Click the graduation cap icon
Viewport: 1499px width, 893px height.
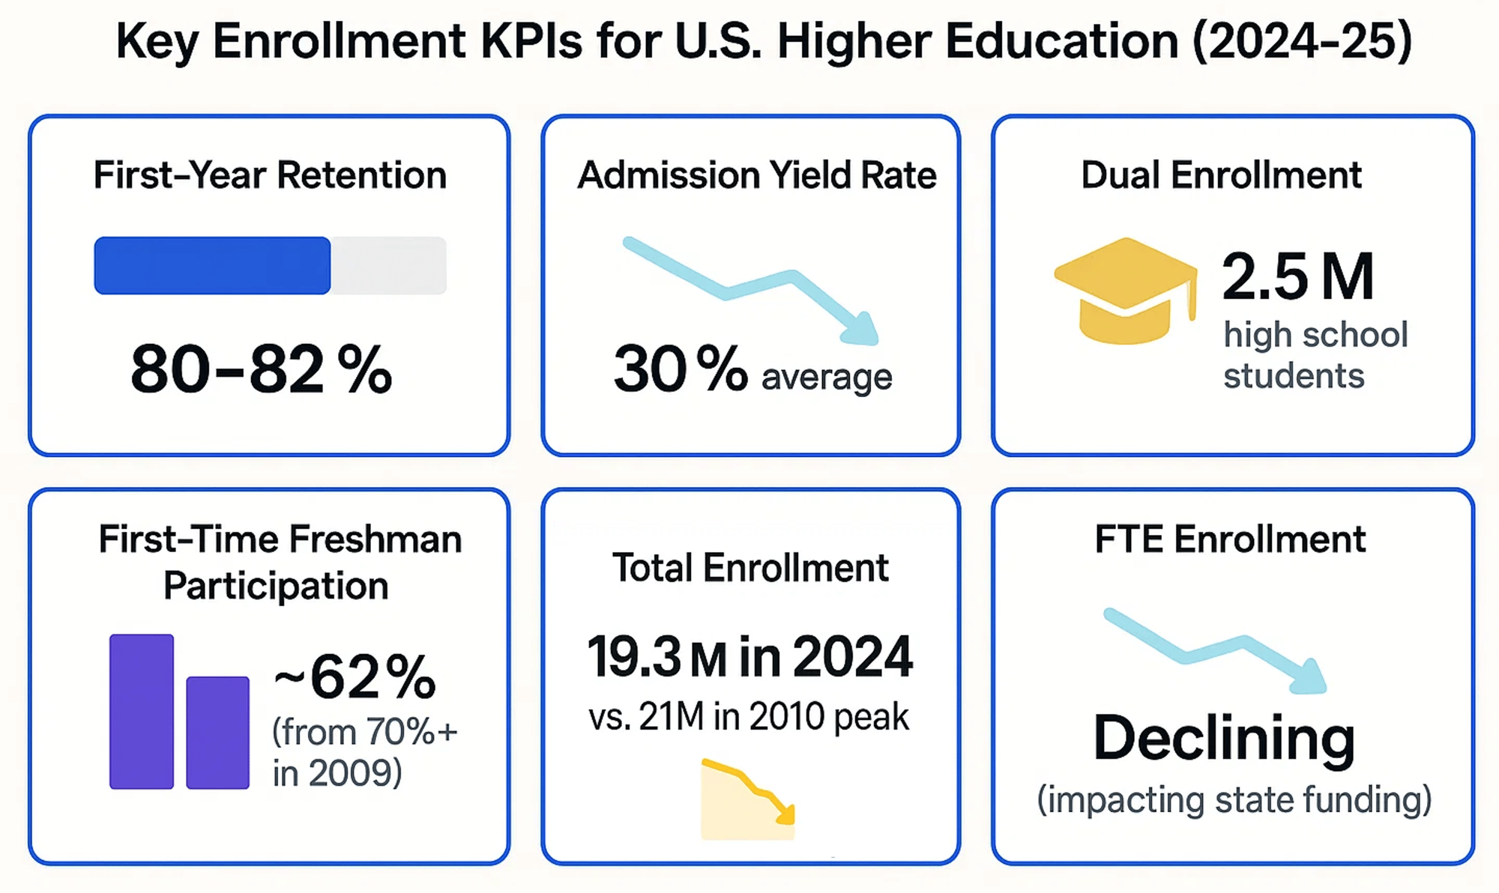click(x=1124, y=291)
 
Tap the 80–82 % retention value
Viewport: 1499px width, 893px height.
click(x=261, y=369)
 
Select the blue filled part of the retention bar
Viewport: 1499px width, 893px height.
click(x=212, y=265)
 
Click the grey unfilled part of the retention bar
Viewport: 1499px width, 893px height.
click(x=388, y=265)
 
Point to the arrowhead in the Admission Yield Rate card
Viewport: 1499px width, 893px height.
click(x=862, y=330)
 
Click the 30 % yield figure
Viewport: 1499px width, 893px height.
click(x=680, y=369)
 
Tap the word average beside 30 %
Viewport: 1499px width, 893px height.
click(x=827, y=376)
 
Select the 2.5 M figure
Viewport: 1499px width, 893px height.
click(x=1298, y=277)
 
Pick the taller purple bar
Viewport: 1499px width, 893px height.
click(x=142, y=712)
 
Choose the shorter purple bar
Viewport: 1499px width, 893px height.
click(x=217, y=733)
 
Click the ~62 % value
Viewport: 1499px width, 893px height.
click(x=355, y=676)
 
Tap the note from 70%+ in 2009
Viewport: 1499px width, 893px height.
click(x=364, y=752)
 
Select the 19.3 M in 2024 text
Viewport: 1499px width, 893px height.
click(x=749, y=657)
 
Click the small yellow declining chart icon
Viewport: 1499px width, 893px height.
click(x=748, y=800)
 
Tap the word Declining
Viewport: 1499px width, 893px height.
click(x=1224, y=738)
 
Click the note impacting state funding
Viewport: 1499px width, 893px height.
click(x=1234, y=799)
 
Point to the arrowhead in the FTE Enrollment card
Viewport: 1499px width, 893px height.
click(x=1310, y=678)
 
